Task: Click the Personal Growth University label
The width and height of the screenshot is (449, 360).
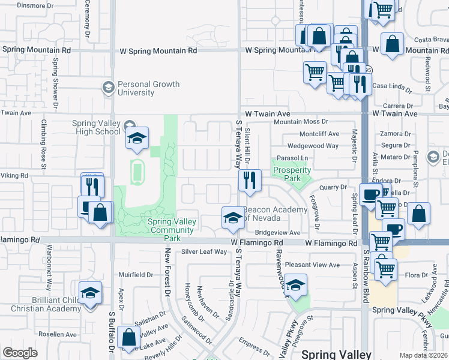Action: (x=148, y=89)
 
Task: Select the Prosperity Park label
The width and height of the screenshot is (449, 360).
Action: (x=292, y=175)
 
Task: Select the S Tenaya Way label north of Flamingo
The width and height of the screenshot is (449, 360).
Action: (x=238, y=144)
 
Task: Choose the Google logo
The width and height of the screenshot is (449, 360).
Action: (x=20, y=353)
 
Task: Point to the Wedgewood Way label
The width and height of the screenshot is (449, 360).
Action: (x=313, y=146)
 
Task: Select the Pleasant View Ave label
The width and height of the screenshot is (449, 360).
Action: (x=313, y=265)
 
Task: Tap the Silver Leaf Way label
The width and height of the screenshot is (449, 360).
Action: (x=204, y=252)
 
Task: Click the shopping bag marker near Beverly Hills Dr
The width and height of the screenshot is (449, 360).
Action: (x=128, y=338)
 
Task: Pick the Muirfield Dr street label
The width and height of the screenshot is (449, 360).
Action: (x=136, y=275)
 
